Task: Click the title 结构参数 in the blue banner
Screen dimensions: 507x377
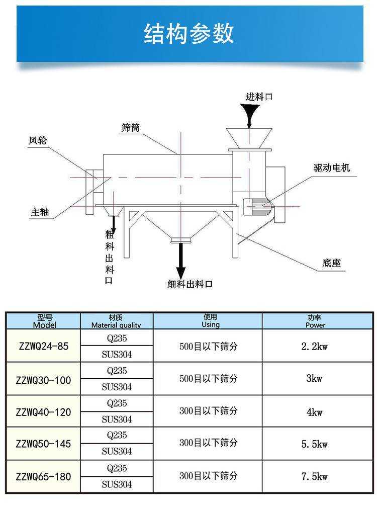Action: click(189, 34)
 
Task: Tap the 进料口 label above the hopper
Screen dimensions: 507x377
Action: click(259, 97)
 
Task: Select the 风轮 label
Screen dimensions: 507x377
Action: click(37, 141)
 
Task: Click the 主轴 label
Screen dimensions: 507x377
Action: click(40, 212)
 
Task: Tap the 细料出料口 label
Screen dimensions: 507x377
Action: click(190, 284)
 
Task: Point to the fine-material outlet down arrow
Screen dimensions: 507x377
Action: click(180, 259)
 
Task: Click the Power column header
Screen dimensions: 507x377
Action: click(315, 321)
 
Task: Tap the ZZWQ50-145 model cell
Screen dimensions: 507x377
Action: click(43, 444)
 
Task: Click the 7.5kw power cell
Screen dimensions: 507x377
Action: click(315, 476)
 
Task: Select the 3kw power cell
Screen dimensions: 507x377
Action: click(315, 379)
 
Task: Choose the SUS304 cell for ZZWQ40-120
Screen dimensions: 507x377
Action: click(117, 419)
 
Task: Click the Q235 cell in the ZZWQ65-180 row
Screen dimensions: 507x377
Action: click(117, 468)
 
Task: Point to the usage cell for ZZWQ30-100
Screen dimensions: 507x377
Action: click(208, 379)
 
